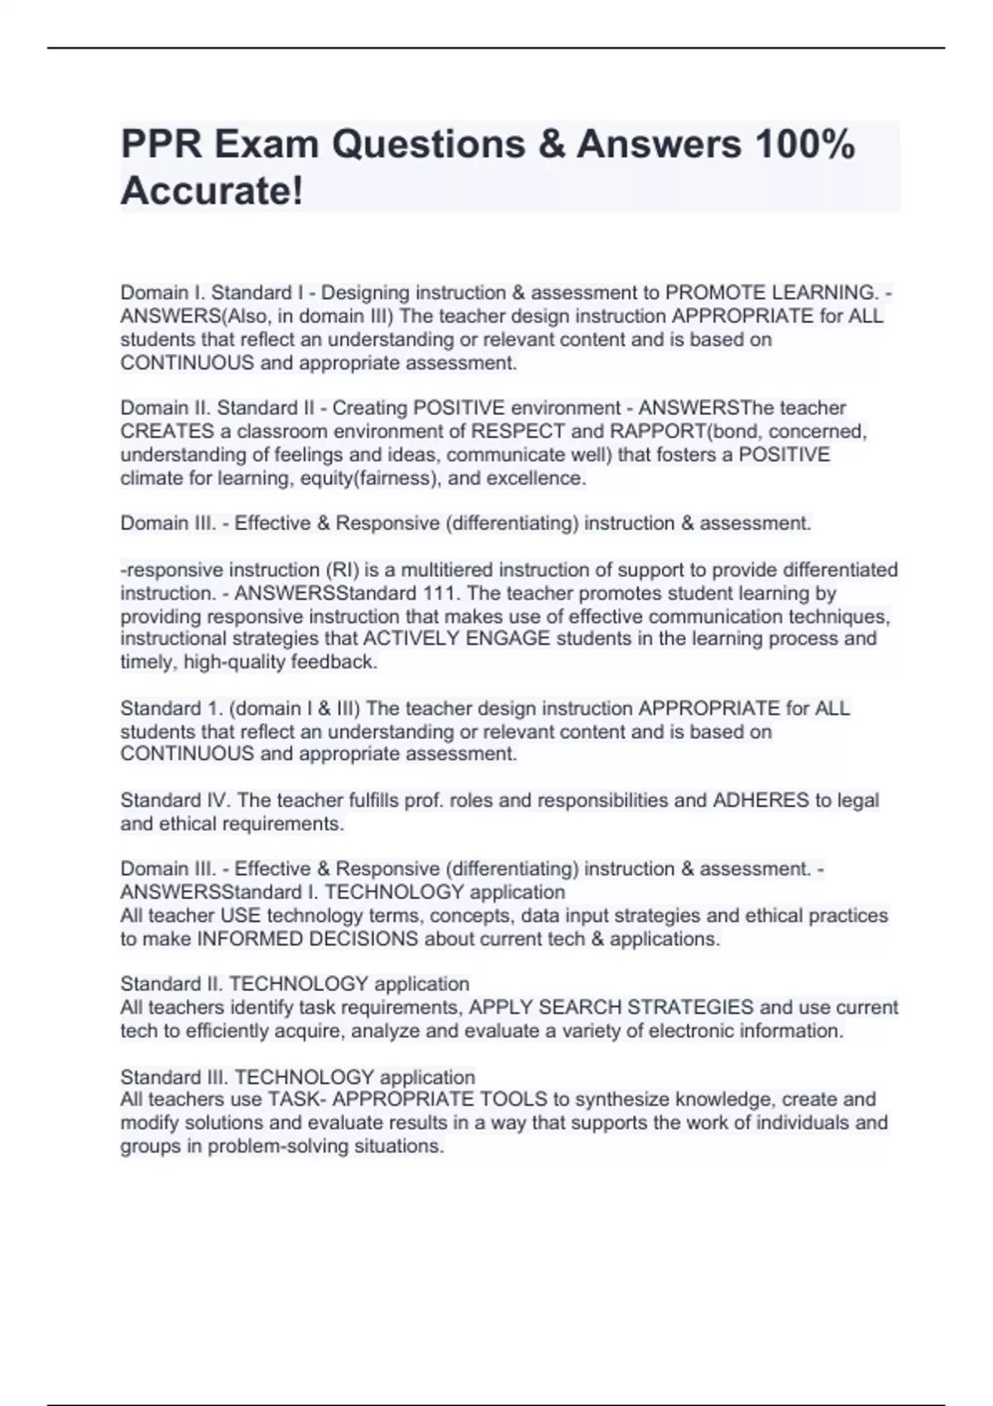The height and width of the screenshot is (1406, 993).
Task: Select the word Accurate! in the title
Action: tap(212, 192)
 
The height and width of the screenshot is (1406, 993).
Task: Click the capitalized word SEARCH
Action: tap(578, 1007)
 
